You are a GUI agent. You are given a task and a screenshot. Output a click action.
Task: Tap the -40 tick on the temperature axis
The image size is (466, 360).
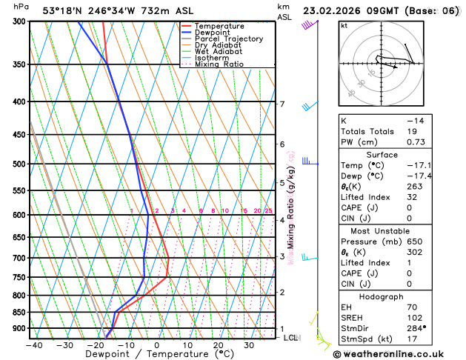click(33, 344)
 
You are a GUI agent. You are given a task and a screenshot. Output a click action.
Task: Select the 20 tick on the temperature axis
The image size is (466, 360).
click(219, 344)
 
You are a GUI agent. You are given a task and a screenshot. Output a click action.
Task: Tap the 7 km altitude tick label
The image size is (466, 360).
click(282, 104)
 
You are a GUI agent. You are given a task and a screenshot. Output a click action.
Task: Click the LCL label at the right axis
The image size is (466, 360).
click(291, 338)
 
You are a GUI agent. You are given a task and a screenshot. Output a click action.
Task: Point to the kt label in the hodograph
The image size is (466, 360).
click(344, 25)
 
